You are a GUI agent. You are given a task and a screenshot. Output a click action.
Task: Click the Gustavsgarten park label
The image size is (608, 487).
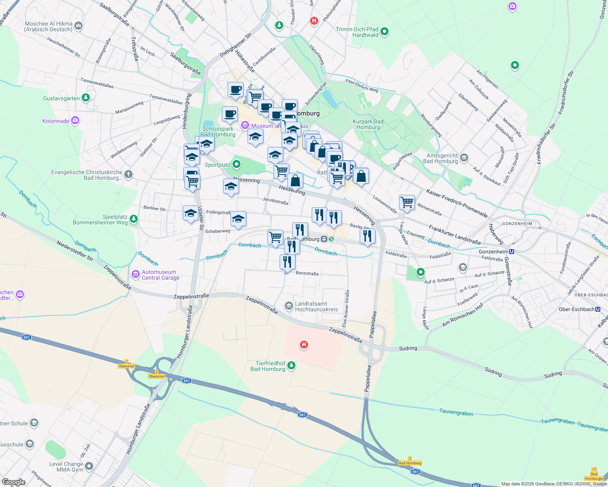(61, 99)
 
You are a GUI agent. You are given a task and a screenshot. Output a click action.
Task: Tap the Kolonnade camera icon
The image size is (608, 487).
(75, 121)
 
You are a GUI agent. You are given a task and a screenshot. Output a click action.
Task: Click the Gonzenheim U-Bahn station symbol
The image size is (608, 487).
(512, 252)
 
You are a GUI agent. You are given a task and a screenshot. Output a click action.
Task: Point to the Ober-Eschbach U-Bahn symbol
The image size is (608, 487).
(598, 309)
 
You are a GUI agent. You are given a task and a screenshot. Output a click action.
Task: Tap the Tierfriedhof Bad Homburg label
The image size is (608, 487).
(268, 366)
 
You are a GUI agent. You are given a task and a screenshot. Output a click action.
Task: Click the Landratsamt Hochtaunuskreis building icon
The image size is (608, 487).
(289, 306)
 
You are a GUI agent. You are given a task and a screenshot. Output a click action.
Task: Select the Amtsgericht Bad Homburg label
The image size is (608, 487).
(441, 158)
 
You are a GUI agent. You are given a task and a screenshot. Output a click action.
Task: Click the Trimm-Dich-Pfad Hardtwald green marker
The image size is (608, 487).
(385, 31)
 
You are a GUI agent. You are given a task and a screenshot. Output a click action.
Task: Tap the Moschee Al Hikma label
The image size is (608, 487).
(49, 26)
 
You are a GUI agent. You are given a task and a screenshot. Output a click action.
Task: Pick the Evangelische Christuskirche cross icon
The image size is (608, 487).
(128, 175)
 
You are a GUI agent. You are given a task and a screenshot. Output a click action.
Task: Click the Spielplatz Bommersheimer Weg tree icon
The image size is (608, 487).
(133, 219)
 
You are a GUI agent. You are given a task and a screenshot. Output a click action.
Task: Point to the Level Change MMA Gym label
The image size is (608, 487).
(66, 467)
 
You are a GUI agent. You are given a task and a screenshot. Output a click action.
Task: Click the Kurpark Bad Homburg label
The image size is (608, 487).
(368, 124)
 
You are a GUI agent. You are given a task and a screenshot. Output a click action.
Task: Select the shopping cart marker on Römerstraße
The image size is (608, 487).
(407, 202)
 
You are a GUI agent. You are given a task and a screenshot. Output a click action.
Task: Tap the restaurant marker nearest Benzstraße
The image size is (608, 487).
(287, 262)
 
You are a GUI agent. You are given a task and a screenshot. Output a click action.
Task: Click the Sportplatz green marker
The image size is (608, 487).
(237, 164)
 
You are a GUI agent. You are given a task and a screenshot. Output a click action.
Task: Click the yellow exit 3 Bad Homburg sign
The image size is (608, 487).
(410, 463)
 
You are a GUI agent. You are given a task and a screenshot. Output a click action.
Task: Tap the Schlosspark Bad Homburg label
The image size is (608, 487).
(218, 131)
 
